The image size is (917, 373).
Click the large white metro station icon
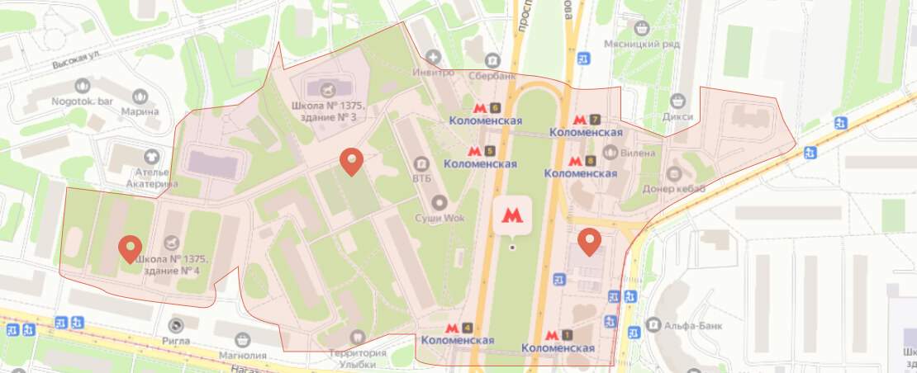512,215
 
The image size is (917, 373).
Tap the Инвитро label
434,72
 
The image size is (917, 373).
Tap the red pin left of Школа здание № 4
130,248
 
